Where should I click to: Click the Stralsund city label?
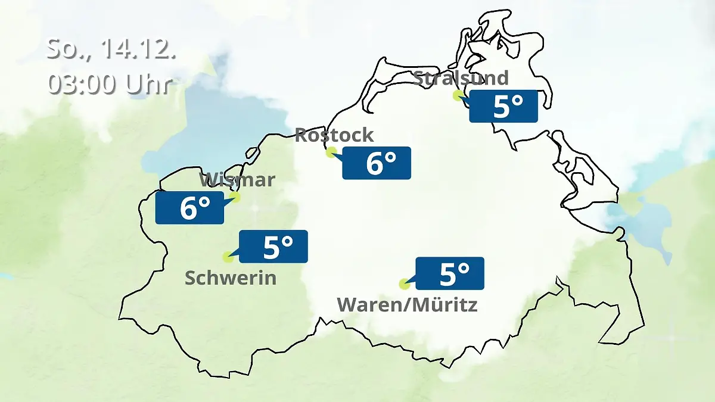click(x=461, y=78)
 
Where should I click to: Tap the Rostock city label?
click(x=334, y=135)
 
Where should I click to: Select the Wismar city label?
click(x=237, y=179)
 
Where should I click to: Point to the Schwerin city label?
click(x=231, y=278)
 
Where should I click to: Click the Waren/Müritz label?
click(x=407, y=305)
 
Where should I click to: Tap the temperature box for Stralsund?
click(x=503, y=107)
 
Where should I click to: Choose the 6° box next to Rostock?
click(x=377, y=163)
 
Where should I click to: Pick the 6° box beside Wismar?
click(x=189, y=208)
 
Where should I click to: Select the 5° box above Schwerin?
click(x=273, y=246)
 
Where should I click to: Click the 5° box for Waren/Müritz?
click(x=450, y=273)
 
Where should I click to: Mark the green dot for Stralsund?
click(x=458, y=95)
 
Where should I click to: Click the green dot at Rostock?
click(x=331, y=152)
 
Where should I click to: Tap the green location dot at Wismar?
click(x=235, y=197)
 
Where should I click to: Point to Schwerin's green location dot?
click(x=227, y=257)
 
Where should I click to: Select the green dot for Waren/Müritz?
click(x=404, y=283)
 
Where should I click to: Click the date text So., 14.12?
click(x=111, y=49)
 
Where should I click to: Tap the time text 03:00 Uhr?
click(x=111, y=84)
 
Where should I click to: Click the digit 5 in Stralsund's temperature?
click(x=501, y=107)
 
